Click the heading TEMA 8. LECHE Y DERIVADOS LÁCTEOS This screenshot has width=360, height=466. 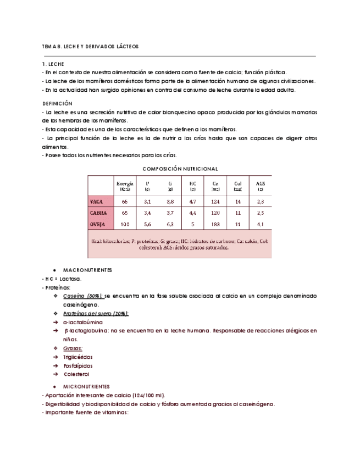pos(91,47)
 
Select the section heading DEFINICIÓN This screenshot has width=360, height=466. pos(57,103)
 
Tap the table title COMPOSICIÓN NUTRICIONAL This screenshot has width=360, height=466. pos(180,168)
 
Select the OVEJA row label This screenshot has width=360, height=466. pos(98,224)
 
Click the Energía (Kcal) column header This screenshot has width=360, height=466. pos(124,186)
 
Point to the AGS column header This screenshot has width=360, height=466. pos(260,186)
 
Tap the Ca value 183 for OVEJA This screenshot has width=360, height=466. pos(215,224)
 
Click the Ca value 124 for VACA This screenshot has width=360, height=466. pos(215,202)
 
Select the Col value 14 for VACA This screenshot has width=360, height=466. pos(237,202)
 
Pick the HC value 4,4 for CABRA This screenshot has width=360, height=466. pos(192,212)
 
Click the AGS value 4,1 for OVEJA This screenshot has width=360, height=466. pos(260,224)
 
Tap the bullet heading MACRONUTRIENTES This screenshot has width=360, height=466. pos(88,270)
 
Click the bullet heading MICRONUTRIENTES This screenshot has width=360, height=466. pos(87,386)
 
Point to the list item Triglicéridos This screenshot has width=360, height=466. pos(79,357)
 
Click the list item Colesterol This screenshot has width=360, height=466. pos(76,374)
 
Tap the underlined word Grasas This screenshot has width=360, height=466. pos(74,348)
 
